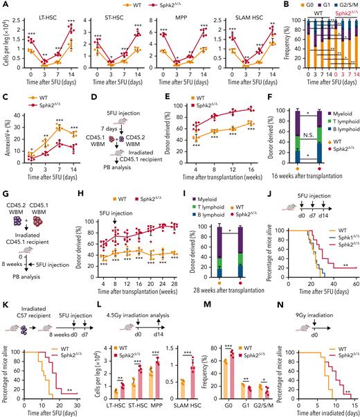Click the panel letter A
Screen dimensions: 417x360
tap(5, 5)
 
